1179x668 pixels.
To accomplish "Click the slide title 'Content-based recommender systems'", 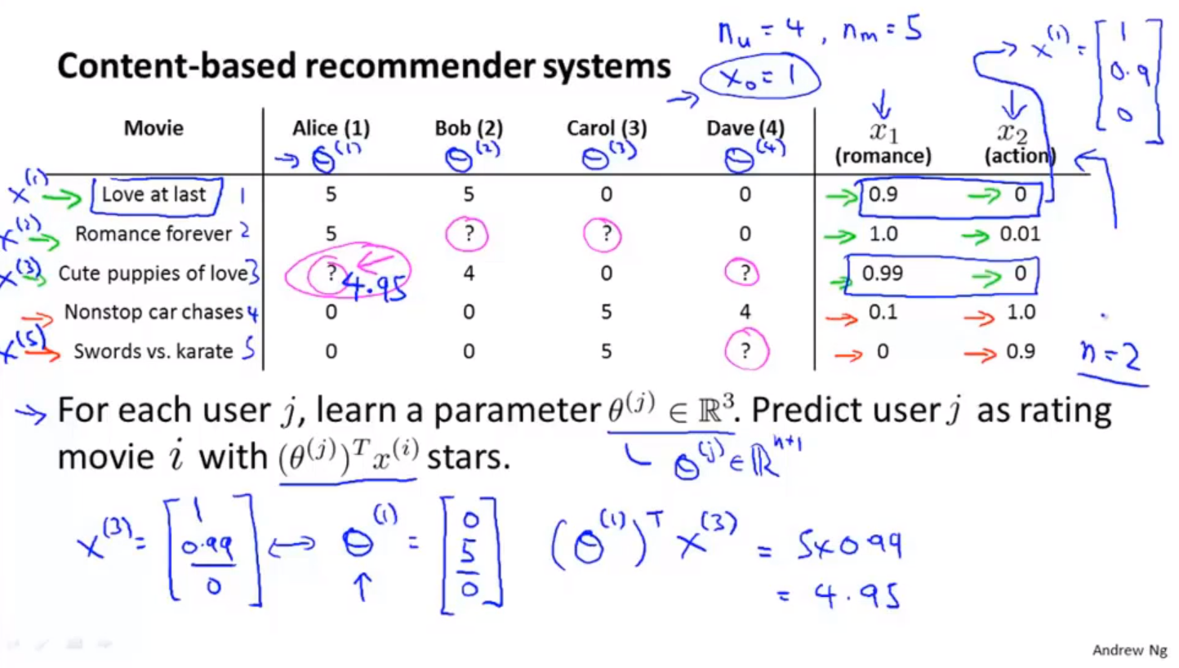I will click(x=363, y=66).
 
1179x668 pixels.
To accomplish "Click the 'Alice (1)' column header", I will click(x=331, y=128).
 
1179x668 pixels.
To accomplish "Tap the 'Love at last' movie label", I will click(x=153, y=194).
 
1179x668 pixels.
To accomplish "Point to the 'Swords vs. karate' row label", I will click(x=153, y=352).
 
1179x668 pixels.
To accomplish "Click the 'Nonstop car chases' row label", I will click(x=153, y=312).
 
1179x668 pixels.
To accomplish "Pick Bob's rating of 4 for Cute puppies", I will click(x=469, y=273).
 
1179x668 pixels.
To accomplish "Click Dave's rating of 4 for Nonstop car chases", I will click(x=744, y=312).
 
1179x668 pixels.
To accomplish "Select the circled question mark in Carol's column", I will click(x=606, y=234).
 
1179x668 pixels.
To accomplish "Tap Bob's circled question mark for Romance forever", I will click(x=469, y=234).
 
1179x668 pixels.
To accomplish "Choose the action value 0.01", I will click(x=1020, y=234).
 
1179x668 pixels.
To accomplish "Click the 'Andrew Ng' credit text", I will click(x=1130, y=651).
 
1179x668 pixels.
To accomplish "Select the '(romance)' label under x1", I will click(x=883, y=155).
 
